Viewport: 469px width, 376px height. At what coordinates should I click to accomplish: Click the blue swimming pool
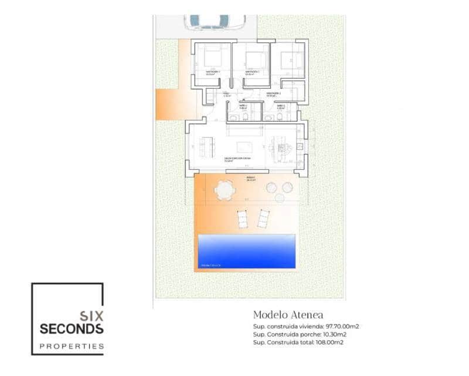pos(246,251)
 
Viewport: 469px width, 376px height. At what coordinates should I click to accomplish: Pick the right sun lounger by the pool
pos(263,220)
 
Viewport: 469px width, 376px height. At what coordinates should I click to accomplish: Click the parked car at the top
pos(215,22)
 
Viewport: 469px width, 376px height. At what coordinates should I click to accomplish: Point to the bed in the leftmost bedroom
pos(213,58)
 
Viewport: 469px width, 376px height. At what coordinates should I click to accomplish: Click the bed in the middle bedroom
pos(253,59)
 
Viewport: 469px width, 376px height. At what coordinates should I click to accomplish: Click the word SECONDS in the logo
pos(72,328)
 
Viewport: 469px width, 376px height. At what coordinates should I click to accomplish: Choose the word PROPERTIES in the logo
pos(72,346)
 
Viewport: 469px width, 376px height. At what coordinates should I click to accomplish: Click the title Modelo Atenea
pos(288,315)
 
